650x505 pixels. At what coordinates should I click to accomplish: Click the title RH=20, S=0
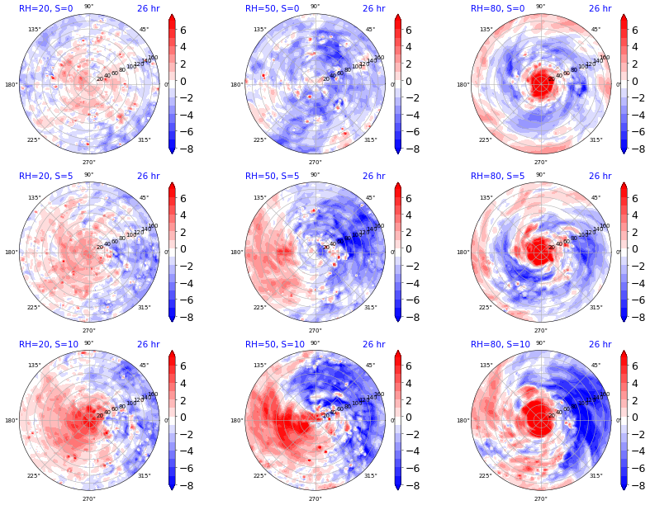click(x=46, y=8)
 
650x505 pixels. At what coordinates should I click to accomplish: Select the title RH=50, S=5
click(x=272, y=176)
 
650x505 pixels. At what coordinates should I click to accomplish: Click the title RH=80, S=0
click(x=497, y=8)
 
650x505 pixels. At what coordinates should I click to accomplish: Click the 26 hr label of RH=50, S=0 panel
click(x=373, y=8)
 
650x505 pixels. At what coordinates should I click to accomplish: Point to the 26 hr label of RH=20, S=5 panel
click(x=148, y=176)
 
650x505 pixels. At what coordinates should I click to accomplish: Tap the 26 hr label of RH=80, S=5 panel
click(x=600, y=176)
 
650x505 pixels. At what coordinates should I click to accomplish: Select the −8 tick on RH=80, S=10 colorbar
click(x=637, y=485)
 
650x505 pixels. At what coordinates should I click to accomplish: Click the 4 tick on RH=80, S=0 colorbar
click(x=636, y=47)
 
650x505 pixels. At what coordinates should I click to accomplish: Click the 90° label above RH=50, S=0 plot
click(x=315, y=7)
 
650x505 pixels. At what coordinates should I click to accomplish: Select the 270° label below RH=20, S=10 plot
click(x=88, y=498)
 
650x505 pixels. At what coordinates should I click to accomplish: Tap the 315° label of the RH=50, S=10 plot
click(x=370, y=475)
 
